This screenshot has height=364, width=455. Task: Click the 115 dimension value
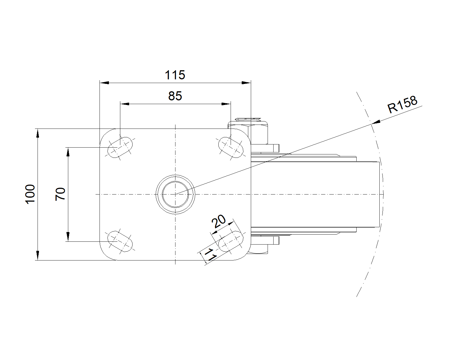[175, 75]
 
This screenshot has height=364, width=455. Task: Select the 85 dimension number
[175, 96]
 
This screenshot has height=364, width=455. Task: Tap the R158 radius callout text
[402, 105]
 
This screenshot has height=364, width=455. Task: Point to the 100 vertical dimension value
[30, 194]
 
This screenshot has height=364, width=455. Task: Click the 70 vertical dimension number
[60, 194]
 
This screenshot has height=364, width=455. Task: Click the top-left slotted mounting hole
[120, 147]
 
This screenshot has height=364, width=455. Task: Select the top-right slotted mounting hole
[231, 147]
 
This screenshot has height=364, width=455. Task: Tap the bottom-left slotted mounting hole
[120, 241]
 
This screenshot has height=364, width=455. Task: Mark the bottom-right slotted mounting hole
[231, 241]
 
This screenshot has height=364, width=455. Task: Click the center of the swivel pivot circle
[175, 194]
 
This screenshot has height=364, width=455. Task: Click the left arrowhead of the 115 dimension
[104, 83]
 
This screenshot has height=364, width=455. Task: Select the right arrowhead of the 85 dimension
[226, 104]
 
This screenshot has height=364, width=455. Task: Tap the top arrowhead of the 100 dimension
[38, 133]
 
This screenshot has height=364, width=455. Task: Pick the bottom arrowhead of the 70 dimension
[68, 237]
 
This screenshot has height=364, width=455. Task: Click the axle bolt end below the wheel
[265, 240]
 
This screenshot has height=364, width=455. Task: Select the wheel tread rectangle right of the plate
[315, 195]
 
